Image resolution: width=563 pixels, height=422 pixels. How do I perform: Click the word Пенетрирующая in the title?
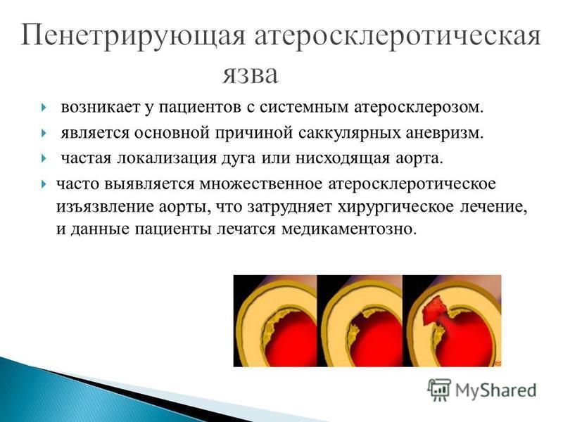click(x=133, y=36)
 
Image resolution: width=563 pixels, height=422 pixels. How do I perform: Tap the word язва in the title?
click(x=251, y=75)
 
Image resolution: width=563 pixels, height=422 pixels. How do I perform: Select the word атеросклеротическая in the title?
click(x=398, y=37)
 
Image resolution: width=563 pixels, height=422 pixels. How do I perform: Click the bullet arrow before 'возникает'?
click(x=43, y=108)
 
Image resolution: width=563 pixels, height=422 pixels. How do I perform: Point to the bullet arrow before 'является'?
click(x=43, y=133)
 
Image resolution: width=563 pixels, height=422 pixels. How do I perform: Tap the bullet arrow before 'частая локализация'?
click(x=43, y=158)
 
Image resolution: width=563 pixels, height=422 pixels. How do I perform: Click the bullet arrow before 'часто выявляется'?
click(x=43, y=184)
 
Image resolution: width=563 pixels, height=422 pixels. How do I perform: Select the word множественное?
click(x=261, y=184)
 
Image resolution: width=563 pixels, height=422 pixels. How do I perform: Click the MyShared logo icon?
click(x=438, y=390)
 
